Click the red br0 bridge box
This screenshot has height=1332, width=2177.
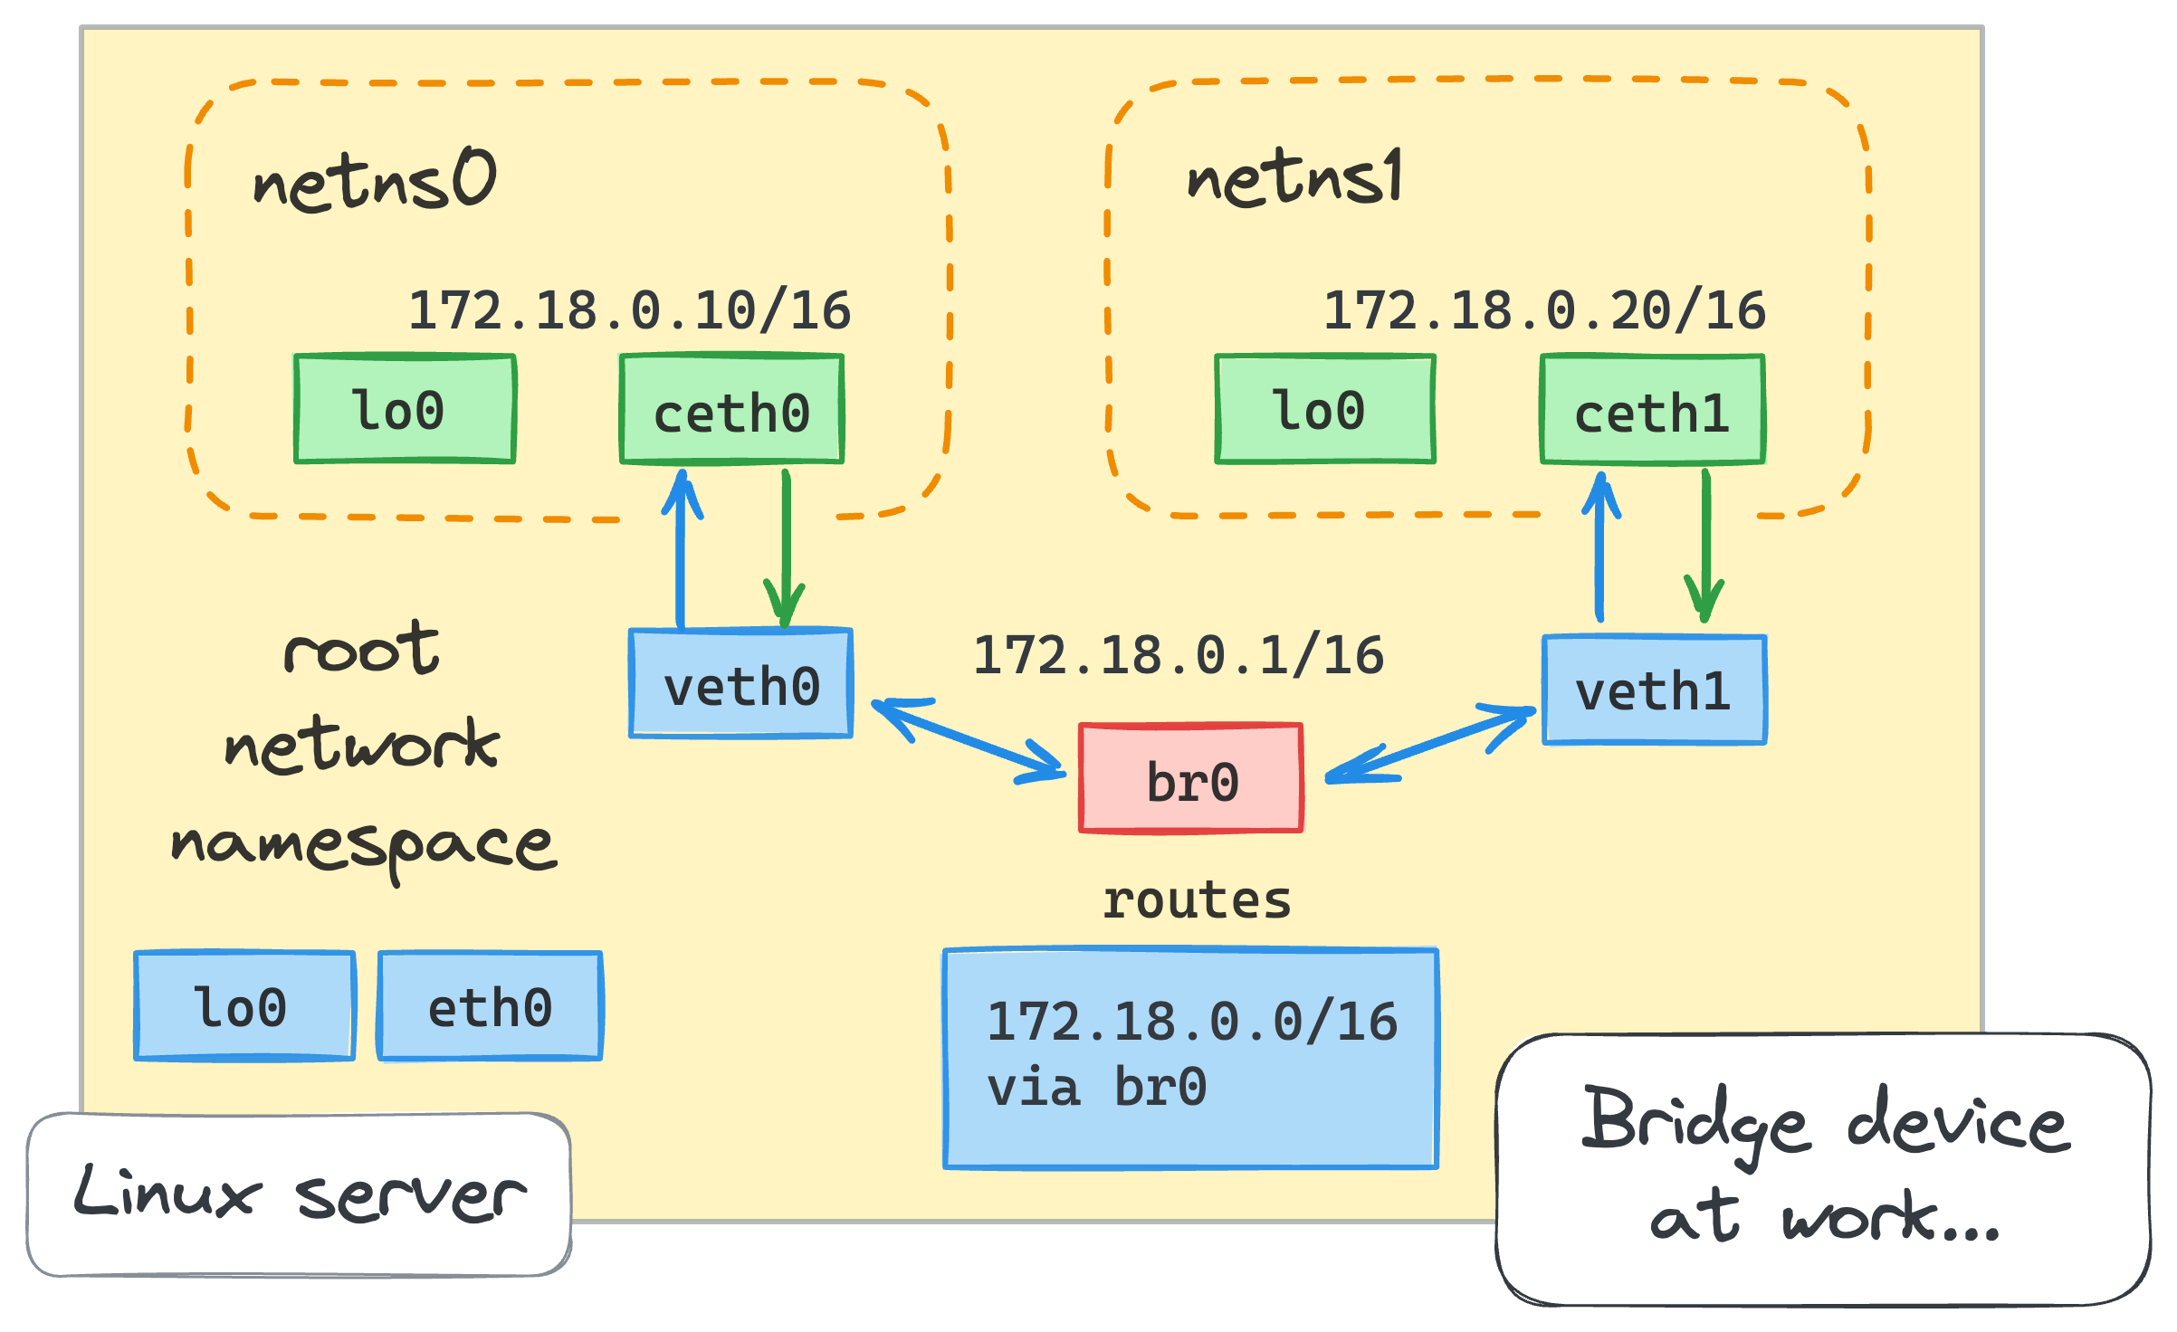pos(1190,779)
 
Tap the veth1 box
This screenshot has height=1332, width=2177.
pos(1654,690)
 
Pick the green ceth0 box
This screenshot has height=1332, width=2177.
pos(731,411)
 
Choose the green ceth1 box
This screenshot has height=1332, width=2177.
pos(1652,411)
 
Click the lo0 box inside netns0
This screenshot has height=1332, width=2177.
pos(405,409)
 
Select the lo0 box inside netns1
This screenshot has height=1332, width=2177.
pos(1324,409)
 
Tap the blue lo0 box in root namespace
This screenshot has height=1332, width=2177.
pos(243,1005)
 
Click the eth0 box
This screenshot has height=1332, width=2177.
pos(490,1005)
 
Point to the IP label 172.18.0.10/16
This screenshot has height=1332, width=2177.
pos(629,310)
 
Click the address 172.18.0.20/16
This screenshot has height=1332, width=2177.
pos(1544,310)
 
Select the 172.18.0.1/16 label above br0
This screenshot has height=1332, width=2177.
pos(1178,655)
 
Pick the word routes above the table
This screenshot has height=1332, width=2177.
pos(1196,900)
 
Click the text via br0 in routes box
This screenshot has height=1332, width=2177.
pos(1096,1087)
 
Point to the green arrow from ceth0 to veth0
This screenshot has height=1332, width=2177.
pos(786,543)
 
